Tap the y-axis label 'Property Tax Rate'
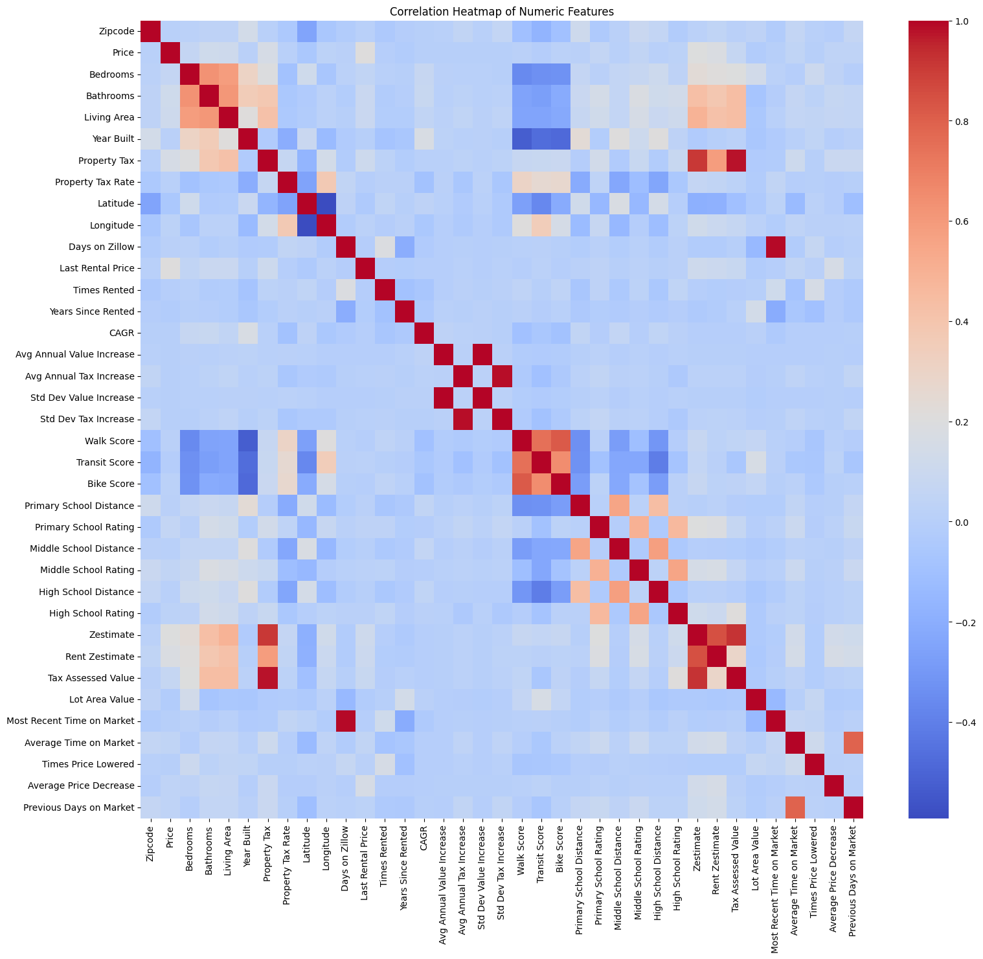click(99, 182)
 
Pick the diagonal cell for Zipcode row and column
click(150, 31)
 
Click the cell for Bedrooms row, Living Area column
click(228, 74)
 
